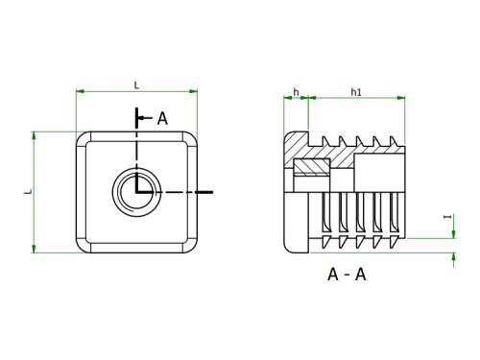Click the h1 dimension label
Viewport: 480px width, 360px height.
point(356,92)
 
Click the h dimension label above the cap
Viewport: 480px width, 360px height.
point(296,92)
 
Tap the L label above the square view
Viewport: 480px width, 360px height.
point(136,85)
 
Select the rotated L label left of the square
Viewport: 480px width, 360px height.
point(29,191)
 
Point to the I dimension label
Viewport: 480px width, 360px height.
point(447,217)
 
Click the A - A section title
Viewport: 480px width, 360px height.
point(347,275)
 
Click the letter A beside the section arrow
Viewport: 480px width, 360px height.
point(162,119)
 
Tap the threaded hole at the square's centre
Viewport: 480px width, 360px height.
point(136,192)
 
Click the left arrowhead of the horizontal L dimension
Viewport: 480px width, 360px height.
point(80,91)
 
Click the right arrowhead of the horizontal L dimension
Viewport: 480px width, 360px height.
point(193,91)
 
